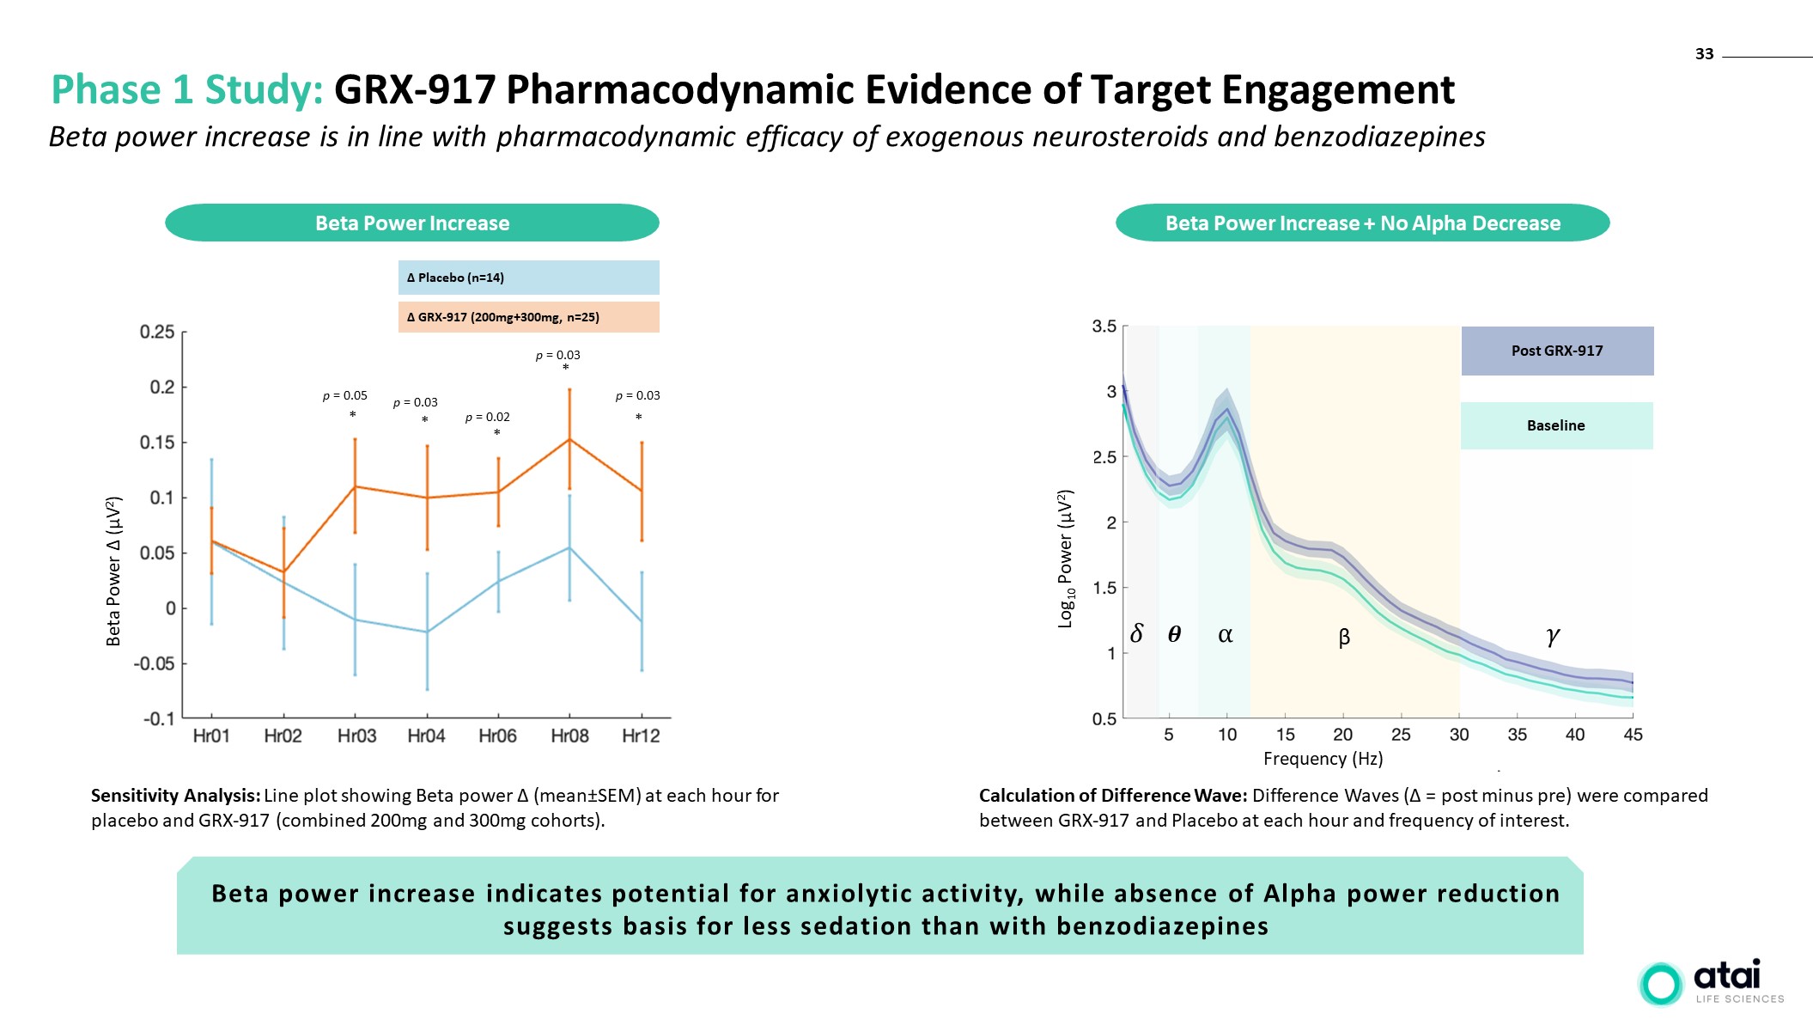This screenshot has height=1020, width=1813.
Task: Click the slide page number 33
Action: tap(1704, 54)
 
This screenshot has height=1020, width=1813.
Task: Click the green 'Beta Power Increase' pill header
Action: tap(412, 223)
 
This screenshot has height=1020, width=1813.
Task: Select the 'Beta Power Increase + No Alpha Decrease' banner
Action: tap(1362, 223)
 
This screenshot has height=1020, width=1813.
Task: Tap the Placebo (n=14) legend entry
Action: tap(528, 278)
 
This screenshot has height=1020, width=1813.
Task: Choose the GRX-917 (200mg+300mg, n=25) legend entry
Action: tap(528, 317)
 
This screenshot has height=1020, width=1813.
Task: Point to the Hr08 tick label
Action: tap(569, 736)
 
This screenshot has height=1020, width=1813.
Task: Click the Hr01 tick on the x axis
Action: tap(211, 736)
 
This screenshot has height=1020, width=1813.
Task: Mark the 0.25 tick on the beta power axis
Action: tap(157, 333)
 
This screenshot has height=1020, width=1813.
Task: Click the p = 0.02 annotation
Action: tap(487, 418)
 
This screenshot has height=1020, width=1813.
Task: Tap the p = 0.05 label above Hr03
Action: tap(344, 396)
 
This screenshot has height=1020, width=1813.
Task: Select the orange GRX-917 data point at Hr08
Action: tap(569, 440)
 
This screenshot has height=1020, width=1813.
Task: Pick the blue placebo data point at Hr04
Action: tap(427, 632)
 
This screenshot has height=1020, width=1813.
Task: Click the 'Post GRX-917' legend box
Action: tap(1557, 351)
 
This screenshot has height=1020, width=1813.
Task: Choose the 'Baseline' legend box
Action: tap(1556, 425)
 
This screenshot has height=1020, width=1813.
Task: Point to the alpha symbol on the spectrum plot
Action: tap(1226, 635)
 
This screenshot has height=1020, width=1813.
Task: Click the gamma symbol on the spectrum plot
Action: tap(1553, 636)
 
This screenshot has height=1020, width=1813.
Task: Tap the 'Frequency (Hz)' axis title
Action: tap(1323, 759)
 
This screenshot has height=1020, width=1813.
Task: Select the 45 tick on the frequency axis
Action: tap(1633, 735)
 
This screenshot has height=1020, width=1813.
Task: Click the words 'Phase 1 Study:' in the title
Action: tap(187, 90)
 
